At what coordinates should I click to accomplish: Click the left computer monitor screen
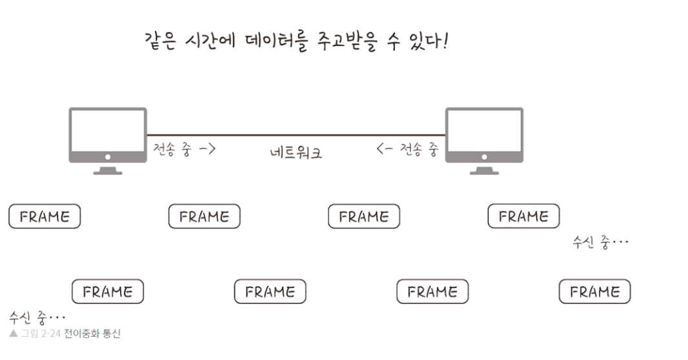point(108,131)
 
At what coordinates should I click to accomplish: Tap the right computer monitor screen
point(484,131)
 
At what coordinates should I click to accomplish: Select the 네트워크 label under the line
point(296,153)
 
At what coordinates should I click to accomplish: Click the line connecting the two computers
point(296,135)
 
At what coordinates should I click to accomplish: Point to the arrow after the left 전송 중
point(207,150)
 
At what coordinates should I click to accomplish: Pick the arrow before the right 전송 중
point(385,150)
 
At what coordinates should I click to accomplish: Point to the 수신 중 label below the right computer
point(600,243)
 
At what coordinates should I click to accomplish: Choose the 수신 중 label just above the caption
point(37,317)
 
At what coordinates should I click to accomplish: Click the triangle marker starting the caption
point(13,334)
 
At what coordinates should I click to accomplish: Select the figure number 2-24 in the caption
point(50,334)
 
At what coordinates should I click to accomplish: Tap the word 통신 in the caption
point(111,334)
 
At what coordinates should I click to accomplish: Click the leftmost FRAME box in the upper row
point(45,217)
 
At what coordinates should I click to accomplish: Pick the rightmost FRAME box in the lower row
point(594,292)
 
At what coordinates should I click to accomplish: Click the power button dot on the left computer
point(108,157)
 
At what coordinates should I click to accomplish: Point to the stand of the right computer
point(484,170)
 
